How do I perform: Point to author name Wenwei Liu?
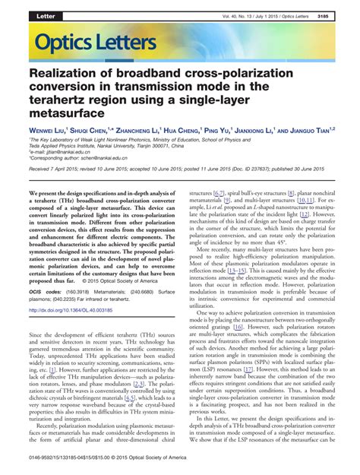[x=49, y=131]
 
